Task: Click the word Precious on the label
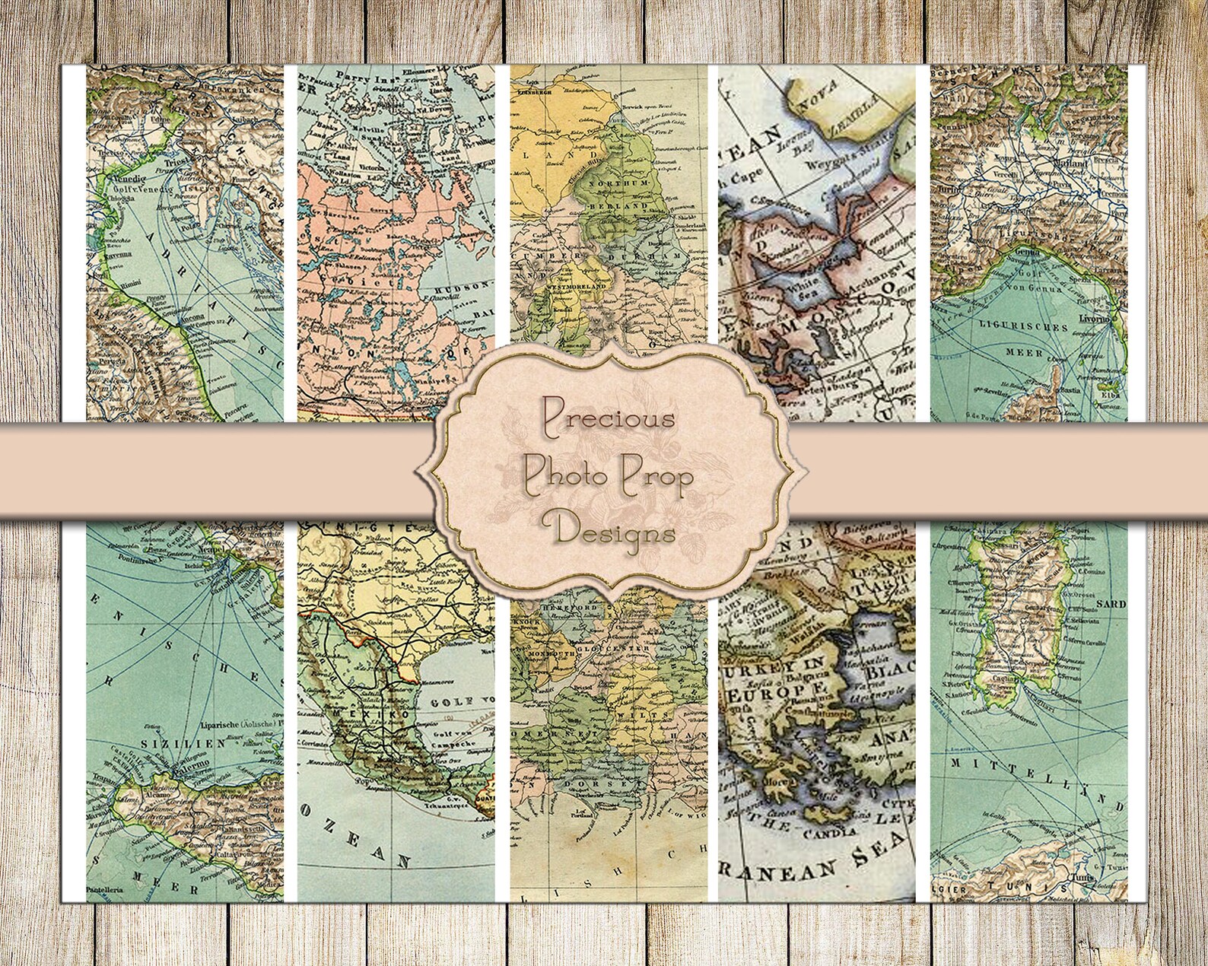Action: (608, 418)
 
